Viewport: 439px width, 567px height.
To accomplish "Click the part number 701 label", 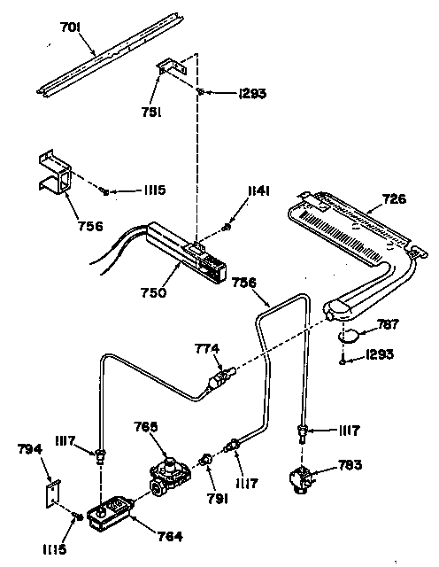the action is pyautogui.click(x=70, y=27).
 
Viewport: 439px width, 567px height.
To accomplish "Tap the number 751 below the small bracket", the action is pyautogui.click(x=151, y=113).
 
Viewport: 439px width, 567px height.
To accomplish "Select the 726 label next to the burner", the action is pyautogui.click(x=395, y=198).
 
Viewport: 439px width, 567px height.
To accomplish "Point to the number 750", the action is pyautogui.click(x=153, y=292).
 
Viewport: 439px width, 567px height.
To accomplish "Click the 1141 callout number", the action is pyautogui.click(x=258, y=191).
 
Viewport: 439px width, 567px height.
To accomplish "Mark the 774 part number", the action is pyautogui.click(x=207, y=349).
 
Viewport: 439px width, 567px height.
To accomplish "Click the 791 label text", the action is pyautogui.click(x=218, y=499).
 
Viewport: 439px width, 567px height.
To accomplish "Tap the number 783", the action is pyautogui.click(x=350, y=464).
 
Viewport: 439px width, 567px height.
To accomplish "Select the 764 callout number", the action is pyautogui.click(x=170, y=536).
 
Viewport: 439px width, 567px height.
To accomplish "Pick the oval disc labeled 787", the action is pyautogui.click(x=349, y=335).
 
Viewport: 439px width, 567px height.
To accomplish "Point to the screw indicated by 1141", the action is pyautogui.click(x=227, y=227).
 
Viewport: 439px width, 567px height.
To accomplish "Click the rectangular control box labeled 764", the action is pyautogui.click(x=111, y=514).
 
